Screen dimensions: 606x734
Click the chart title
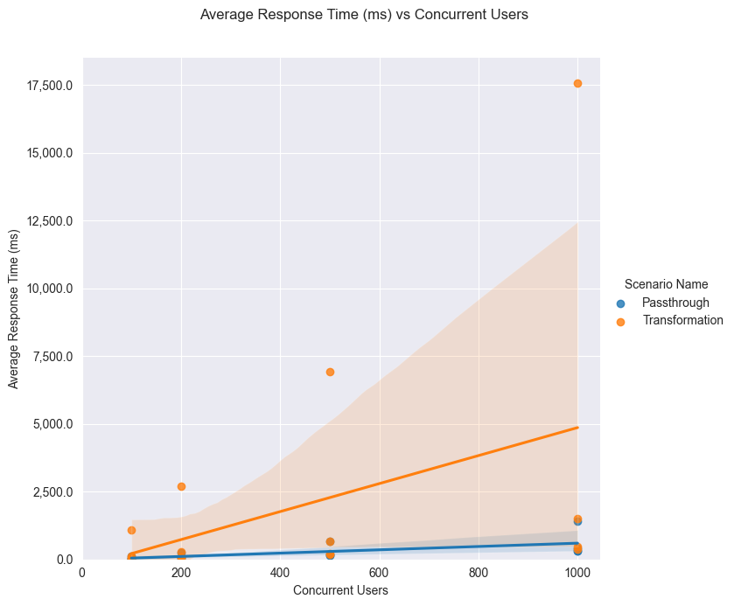pos(364,15)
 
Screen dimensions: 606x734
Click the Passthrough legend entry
pos(675,303)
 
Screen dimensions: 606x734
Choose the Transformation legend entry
pos(682,320)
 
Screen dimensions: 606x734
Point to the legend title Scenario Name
pos(666,284)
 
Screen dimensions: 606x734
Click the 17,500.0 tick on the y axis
pos(52,86)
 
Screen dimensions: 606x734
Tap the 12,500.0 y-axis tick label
pos(52,221)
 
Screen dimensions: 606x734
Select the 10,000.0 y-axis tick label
pos(52,289)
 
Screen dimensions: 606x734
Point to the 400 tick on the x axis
pos(280,574)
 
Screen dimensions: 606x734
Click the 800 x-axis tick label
pos(478,574)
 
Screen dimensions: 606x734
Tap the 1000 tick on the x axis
pos(577,574)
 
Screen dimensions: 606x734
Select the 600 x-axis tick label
pos(379,574)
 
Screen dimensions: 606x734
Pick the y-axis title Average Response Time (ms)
pos(14,309)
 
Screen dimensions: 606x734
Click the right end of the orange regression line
pos(577,428)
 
